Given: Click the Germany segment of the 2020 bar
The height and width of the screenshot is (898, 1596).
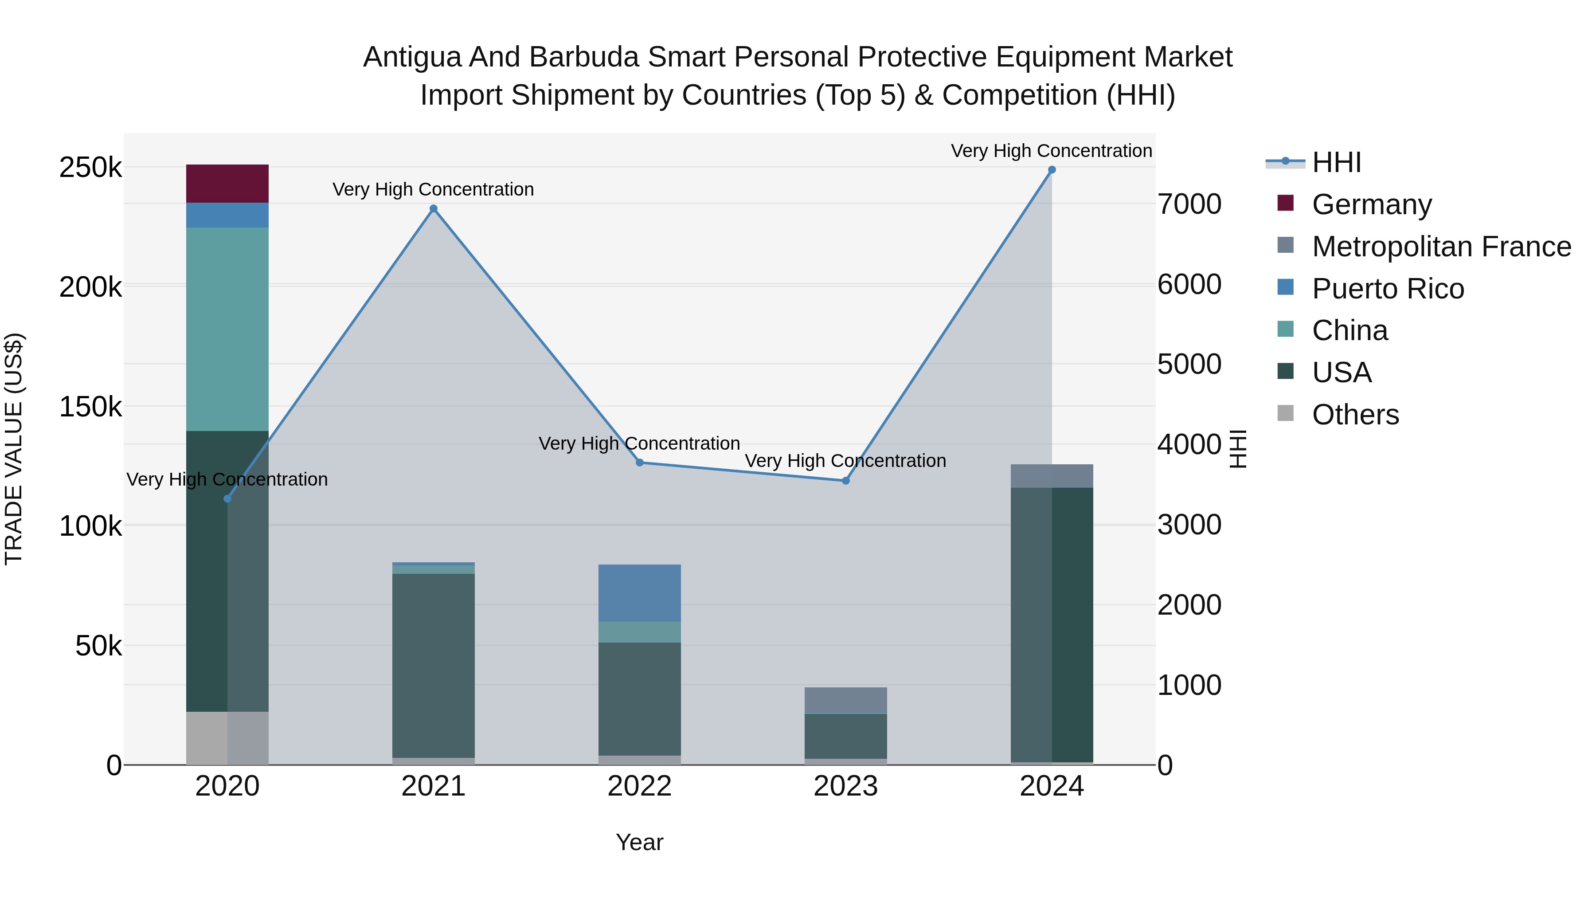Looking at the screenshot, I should coord(227,184).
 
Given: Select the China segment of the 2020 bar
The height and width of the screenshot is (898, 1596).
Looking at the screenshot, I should coord(227,329).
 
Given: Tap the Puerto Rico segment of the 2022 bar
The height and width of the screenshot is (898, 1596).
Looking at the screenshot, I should coord(639,592).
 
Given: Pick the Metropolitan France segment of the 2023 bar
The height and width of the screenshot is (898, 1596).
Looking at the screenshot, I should coord(846,700).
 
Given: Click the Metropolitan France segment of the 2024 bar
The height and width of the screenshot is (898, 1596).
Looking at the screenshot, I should coord(1052,476).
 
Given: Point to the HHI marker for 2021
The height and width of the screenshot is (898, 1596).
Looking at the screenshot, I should coord(434,209).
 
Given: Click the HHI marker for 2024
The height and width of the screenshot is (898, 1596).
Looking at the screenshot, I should coord(1052,170).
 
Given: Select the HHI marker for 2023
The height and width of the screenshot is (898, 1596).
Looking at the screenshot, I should coord(846,481).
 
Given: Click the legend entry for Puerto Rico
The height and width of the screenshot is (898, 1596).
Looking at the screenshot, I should coord(1387,289).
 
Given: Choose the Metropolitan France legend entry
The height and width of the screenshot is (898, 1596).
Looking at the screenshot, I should coord(1441,247).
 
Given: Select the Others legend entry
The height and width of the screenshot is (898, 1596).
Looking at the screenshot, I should coord(1355,415).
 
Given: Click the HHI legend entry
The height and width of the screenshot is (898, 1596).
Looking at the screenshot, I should coord(1336,162).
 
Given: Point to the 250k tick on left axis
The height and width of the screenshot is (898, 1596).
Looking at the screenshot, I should coord(90,167).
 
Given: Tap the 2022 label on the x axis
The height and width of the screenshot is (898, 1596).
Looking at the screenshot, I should coord(639,786).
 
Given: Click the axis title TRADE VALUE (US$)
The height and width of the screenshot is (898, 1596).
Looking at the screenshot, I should coord(14,449).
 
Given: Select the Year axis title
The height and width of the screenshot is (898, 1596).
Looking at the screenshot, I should coord(639,842).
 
